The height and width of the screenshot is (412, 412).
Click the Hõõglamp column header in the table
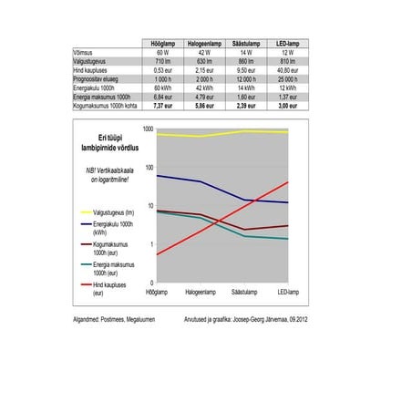click(x=164, y=44)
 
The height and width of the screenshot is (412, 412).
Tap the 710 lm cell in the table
click(x=164, y=60)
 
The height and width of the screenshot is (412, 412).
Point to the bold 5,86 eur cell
click(x=207, y=106)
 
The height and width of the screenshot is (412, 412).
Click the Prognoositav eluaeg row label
click(x=97, y=77)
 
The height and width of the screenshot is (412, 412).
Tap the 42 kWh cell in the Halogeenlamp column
click(x=207, y=86)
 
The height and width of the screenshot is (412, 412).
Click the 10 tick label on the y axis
click(x=149, y=206)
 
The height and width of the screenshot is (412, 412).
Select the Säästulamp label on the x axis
click(x=243, y=294)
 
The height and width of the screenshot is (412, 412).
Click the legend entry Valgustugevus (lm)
click(x=112, y=211)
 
